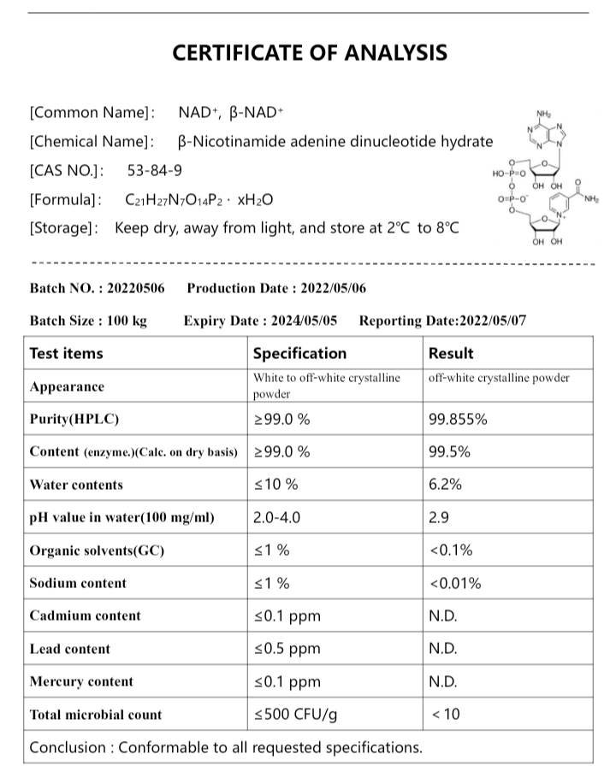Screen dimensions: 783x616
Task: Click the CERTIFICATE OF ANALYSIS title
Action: pyautogui.click(x=310, y=53)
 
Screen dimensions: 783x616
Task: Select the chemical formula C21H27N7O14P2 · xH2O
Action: pyautogui.click(x=198, y=200)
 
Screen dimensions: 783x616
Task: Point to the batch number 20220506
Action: pyautogui.click(x=136, y=289)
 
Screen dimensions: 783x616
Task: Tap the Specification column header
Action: pyautogui.click(x=299, y=353)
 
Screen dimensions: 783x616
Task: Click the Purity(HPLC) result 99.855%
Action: pyautogui.click(x=458, y=419)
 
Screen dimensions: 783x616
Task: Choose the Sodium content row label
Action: pyautogui.click(x=78, y=583)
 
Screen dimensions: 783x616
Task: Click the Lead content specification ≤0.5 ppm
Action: pyautogui.click(x=287, y=649)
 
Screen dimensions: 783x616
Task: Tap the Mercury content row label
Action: pyautogui.click(x=81, y=681)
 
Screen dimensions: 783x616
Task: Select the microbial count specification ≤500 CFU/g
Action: pyautogui.click(x=293, y=714)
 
